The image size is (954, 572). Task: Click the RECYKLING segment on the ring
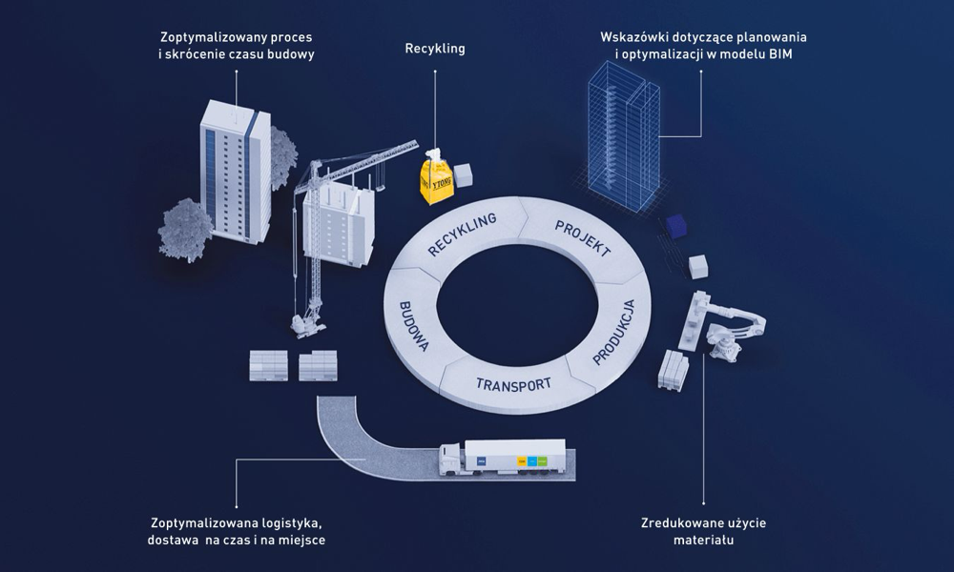tap(464, 235)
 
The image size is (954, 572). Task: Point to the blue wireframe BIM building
tap(620, 133)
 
